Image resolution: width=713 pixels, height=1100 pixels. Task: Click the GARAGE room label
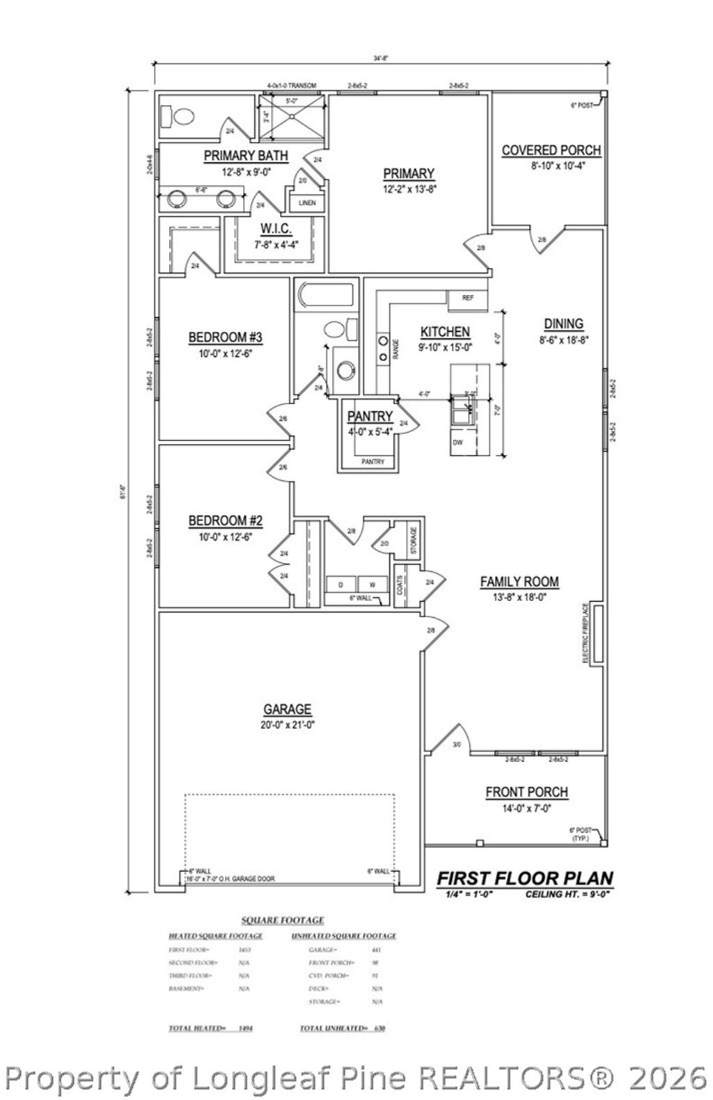(287, 710)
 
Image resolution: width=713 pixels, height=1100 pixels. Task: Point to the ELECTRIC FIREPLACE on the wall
(596, 632)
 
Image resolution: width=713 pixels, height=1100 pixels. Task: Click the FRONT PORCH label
(526, 792)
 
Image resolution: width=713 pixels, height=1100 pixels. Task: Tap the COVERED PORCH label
(551, 150)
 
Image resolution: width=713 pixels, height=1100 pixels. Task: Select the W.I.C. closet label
(276, 229)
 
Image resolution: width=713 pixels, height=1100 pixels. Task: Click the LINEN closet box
(307, 203)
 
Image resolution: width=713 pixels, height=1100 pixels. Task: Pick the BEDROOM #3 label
(225, 337)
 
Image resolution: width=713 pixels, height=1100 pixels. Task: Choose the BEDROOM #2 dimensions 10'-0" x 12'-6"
(225, 536)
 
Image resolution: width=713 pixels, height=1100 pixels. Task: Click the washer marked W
(373, 584)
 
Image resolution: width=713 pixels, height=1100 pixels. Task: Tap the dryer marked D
(340, 584)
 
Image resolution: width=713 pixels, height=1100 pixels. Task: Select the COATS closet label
(400, 579)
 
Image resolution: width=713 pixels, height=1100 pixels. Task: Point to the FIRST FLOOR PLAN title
(524, 878)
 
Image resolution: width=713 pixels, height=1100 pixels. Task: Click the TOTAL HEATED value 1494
(244, 1028)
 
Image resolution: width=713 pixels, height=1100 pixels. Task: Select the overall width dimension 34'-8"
(379, 59)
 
